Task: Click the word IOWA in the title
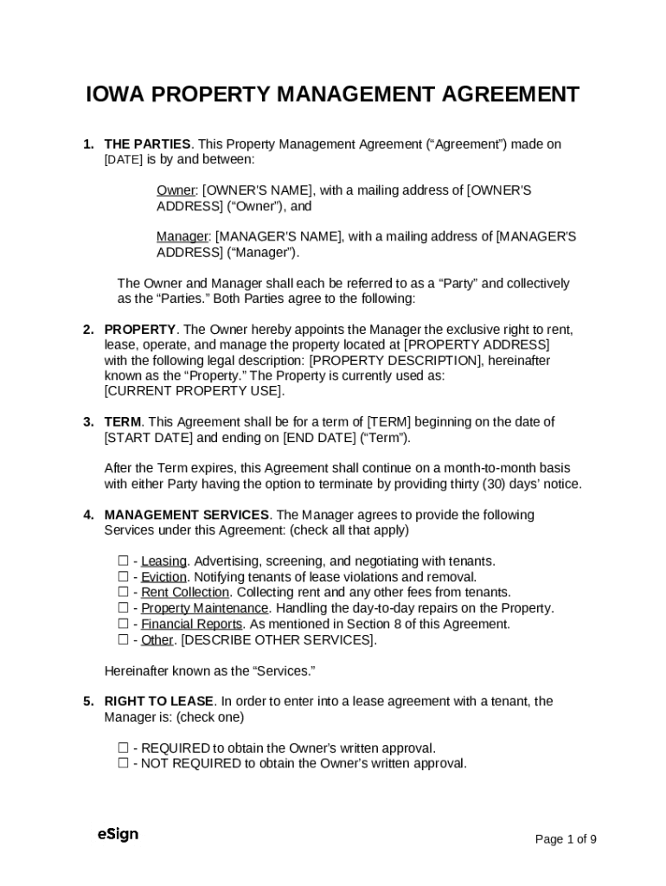point(115,95)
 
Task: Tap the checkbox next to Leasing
point(123,562)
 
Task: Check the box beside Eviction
point(123,577)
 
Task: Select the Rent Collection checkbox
point(123,593)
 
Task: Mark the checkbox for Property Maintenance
point(123,608)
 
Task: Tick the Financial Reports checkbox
point(123,624)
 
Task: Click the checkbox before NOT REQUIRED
point(123,764)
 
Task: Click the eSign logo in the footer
point(118,835)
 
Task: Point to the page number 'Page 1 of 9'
point(566,839)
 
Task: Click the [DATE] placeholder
point(124,160)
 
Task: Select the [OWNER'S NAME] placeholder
point(258,190)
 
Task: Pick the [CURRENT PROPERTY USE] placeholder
point(194,391)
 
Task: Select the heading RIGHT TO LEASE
point(158,702)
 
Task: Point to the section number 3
point(88,422)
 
